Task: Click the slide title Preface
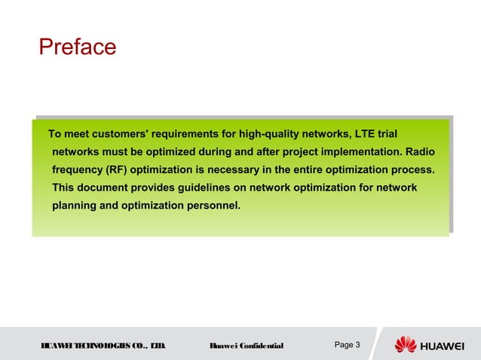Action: tap(78, 47)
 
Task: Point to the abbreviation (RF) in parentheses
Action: tap(118, 169)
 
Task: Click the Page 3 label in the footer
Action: tap(348, 345)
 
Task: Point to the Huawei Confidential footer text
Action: tap(246, 346)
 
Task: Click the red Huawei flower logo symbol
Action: tap(406, 344)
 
